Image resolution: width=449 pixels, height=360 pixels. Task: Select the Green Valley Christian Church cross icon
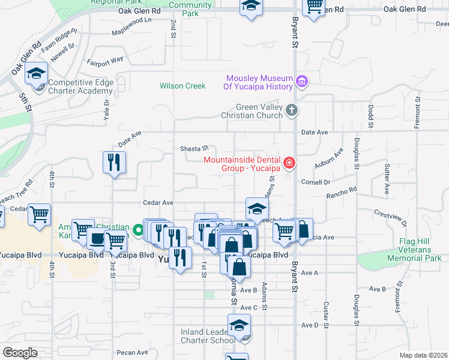tap(291, 110)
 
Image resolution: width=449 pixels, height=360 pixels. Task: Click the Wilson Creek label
tap(182, 86)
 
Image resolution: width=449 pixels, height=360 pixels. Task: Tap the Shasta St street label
tap(194, 148)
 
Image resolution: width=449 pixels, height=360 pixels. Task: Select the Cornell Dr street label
tap(316, 182)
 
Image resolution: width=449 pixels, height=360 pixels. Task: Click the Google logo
tap(20, 353)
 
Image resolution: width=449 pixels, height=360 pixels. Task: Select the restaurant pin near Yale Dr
tap(113, 161)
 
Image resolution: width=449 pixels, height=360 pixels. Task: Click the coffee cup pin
tap(96, 238)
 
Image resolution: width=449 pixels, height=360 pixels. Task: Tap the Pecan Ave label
tap(133, 352)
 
